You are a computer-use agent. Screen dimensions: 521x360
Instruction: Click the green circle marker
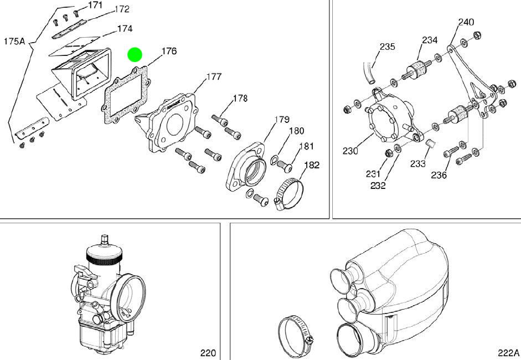pyautogui.click(x=135, y=55)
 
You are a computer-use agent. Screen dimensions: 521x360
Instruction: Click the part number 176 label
pyautogui.click(x=169, y=51)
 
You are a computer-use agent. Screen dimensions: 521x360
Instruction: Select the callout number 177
pyautogui.click(x=214, y=77)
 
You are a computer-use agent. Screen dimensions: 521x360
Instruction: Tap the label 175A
pyautogui.click(x=14, y=41)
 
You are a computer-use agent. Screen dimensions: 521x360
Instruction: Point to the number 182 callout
pyautogui.click(x=312, y=165)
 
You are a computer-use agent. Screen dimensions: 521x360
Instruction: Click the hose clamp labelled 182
pyautogui.click(x=289, y=194)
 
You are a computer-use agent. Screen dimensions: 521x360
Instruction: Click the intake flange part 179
pyautogui.click(x=246, y=167)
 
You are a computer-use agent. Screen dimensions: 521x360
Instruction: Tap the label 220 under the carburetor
pyautogui.click(x=208, y=353)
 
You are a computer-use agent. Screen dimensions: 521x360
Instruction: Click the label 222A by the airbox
pyautogui.click(x=508, y=353)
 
